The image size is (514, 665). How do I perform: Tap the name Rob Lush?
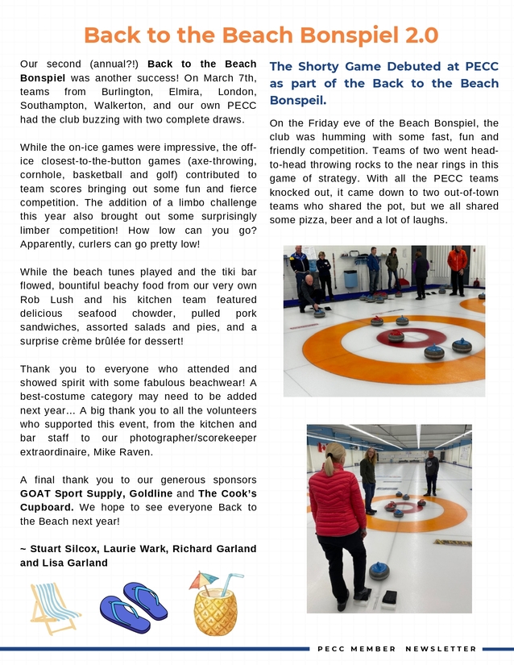[42, 299]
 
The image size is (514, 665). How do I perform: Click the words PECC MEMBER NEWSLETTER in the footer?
[397, 648]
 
